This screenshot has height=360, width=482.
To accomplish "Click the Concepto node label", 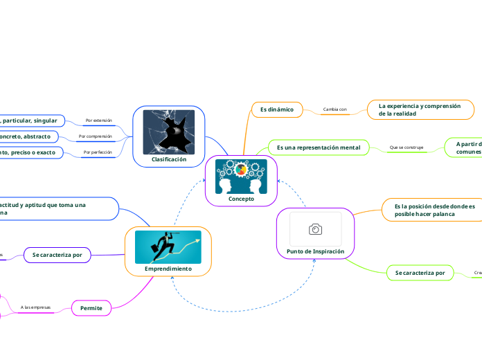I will pos(241,199).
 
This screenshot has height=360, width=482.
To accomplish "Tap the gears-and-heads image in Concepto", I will pos(241,177).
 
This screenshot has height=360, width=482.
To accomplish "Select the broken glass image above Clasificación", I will pos(168,132).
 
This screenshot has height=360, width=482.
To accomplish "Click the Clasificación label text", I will pos(169,159).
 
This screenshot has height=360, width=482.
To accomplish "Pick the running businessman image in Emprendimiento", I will pos(168,247).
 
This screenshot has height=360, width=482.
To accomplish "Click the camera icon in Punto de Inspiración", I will pos(315,229).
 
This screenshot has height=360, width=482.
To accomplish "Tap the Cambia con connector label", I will pos(334,109).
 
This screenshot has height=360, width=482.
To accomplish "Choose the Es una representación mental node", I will pos(319,147).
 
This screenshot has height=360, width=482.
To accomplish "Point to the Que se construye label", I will pos(406,147).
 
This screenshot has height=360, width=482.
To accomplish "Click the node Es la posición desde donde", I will pos(434,210).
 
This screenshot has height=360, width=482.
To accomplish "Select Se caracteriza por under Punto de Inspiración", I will pos(420,273).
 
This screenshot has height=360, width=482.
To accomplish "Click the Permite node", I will pos(91,307).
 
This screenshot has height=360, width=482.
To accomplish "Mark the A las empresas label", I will pos(35,307).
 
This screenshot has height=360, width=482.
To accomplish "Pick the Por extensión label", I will pos(98,120).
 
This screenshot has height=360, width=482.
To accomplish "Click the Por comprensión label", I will pos(95,136).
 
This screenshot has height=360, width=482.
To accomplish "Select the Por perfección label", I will pos(97,152).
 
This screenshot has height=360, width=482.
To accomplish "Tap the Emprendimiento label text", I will pos(168,268).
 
